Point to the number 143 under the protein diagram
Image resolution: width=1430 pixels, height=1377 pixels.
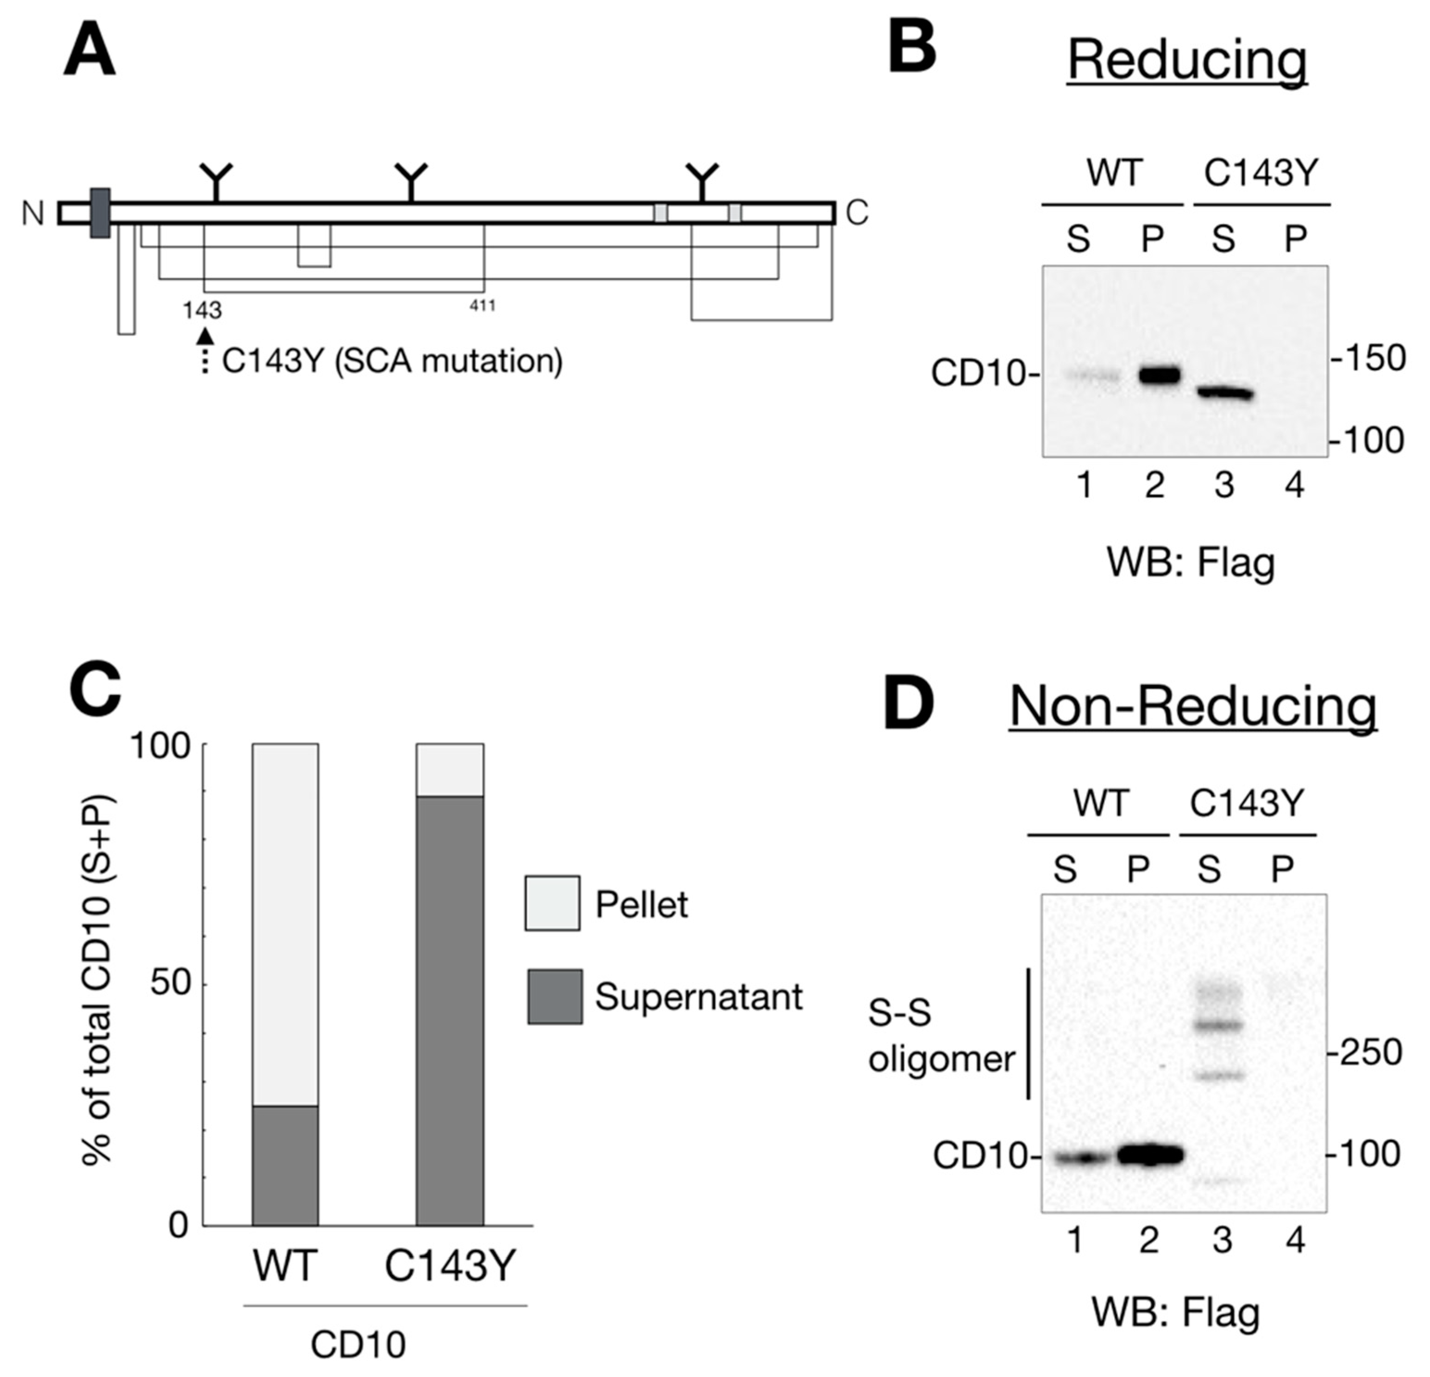pos(202,310)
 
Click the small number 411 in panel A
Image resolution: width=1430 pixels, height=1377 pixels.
pos(482,306)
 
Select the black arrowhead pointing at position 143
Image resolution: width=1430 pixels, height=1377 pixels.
pos(206,336)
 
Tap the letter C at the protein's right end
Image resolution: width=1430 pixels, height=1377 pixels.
pos(857,213)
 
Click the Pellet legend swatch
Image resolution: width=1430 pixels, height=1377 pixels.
pos(552,903)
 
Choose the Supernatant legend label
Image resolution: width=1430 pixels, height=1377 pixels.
pos(698,996)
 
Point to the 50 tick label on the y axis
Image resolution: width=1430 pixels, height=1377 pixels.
pos(170,984)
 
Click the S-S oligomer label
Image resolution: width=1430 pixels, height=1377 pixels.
pos(941,1036)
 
